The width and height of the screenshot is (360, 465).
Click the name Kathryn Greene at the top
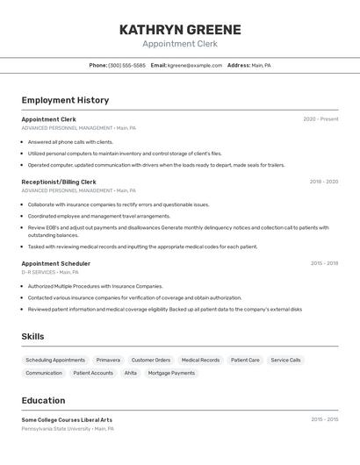click(x=179, y=29)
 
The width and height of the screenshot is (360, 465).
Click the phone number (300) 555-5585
click(x=127, y=65)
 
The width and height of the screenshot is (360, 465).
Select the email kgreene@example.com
click(x=195, y=65)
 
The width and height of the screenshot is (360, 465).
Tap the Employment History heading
click(x=65, y=100)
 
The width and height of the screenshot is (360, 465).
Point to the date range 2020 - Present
click(x=320, y=119)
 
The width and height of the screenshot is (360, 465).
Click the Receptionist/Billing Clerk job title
click(x=59, y=182)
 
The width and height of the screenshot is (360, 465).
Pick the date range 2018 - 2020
click(x=323, y=182)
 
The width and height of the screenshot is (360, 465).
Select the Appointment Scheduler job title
click(x=55, y=263)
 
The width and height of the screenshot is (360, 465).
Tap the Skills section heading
click(x=32, y=336)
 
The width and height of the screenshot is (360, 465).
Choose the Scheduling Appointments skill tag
click(x=55, y=360)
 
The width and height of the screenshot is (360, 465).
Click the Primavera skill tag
click(x=108, y=360)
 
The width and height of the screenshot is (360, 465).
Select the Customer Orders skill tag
click(x=151, y=360)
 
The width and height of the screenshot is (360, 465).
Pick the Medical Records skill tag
click(x=200, y=360)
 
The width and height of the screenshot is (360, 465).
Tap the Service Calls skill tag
click(x=285, y=360)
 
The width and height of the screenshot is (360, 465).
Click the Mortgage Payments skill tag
click(x=171, y=373)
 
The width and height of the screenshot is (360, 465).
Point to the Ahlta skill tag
click(x=130, y=373)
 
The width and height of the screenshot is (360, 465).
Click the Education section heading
click(x=43, y=400)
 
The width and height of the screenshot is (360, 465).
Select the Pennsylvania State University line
click(x=68, y=429)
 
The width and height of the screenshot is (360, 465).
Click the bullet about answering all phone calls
click(x=70, y=141)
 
